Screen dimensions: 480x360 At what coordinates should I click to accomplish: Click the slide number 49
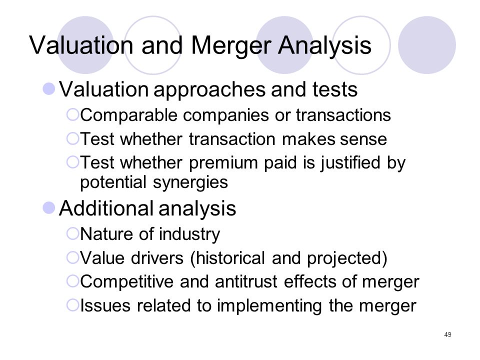point(447,334)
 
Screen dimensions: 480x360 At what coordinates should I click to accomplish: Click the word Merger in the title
point(231,46)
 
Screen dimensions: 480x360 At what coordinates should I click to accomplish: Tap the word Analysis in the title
point(324,46)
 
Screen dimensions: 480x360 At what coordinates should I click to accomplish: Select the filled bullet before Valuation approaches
point(49,89)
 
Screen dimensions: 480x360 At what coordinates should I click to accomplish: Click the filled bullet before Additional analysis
point(49,208)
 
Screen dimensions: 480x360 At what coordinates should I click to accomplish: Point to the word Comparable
point(129,116)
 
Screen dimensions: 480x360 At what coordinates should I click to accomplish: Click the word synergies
point(190,183)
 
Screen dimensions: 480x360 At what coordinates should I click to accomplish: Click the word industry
point(189,234)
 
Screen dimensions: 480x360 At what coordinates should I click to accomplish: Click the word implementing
point(269,306)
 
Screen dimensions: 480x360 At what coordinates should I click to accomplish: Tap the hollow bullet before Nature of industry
point(73,234)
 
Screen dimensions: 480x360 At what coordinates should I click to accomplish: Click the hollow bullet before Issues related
point(73,305)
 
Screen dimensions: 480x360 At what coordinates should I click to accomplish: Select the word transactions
point(343,115)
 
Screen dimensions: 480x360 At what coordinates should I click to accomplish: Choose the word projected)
point(347,258)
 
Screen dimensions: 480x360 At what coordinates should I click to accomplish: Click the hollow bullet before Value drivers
point(73,257)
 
